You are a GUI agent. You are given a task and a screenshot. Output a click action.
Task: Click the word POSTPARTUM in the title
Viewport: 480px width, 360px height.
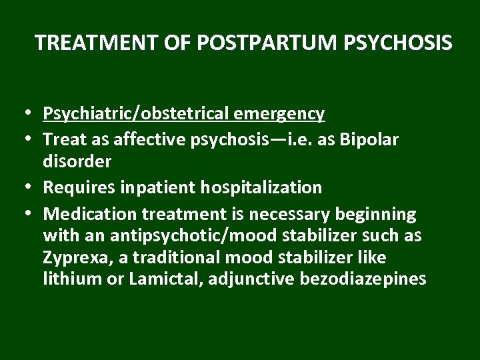pyautogui.click(x=269, y=43)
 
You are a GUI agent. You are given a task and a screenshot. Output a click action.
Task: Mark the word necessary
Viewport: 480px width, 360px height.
pyautogui.click(x=301, y=214)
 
